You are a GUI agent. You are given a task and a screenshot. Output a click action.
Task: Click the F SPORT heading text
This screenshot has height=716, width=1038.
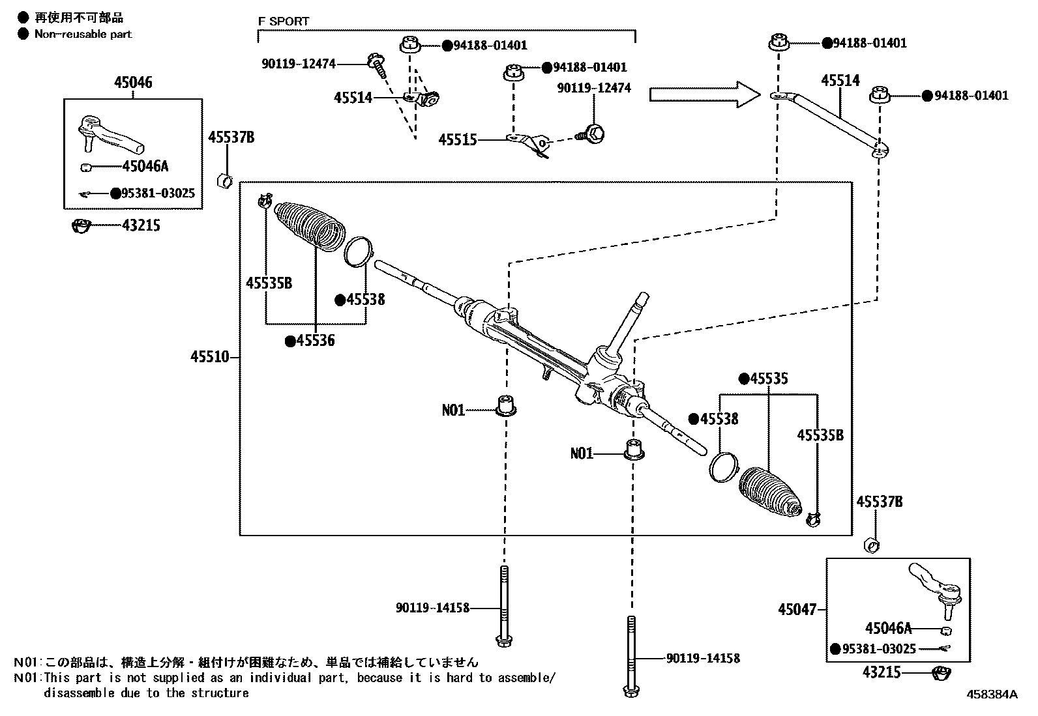coord(284,21)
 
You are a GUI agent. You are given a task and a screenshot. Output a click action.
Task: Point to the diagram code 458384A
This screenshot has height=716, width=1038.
coord(991,695)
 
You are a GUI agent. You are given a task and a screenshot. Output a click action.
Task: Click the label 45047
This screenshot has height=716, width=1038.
coord(796,610)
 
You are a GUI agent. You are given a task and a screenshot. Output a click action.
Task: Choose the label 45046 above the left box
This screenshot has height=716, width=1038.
coord(133,82)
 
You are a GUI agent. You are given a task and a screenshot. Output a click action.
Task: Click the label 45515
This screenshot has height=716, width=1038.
coord(457,140)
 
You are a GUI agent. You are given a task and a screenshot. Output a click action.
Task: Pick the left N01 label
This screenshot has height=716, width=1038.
coord(453,410)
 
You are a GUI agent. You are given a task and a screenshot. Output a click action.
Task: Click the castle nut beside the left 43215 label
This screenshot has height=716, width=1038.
coord(80,227)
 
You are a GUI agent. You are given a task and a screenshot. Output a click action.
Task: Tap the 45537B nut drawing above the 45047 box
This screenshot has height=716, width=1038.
coord(871,544)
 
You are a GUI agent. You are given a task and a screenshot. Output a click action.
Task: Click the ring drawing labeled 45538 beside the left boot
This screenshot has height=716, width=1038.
coord(358,252)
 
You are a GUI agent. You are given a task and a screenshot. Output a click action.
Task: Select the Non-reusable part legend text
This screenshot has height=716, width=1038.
coord(83,34)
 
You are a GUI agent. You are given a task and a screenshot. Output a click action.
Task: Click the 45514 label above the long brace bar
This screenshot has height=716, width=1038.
coord(840,81)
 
